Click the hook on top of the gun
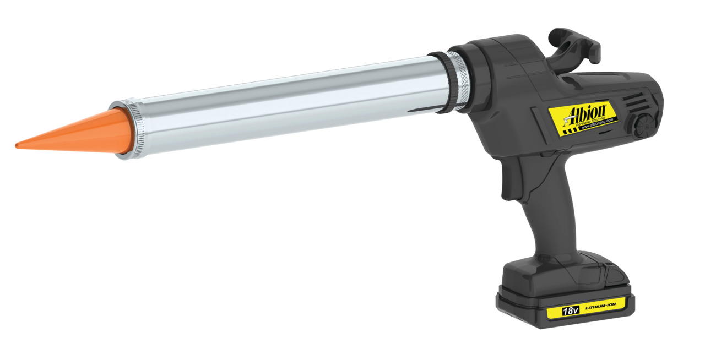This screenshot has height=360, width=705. pyautogui.click(x=573, y=47)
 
